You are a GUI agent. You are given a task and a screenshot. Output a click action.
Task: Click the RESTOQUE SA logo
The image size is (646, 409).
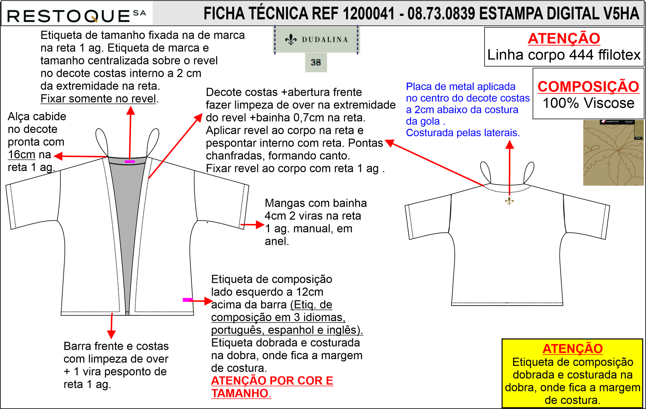76,16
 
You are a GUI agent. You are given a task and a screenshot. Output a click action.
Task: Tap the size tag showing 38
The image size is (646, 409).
316,62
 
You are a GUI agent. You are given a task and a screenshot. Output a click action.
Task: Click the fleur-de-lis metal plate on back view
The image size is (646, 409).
509,201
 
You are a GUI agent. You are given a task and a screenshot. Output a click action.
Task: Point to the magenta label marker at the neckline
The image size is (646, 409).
130,161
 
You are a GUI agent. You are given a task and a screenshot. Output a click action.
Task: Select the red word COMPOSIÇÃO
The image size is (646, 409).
588,86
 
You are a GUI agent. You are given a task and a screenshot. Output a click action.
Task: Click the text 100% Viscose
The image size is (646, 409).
588,103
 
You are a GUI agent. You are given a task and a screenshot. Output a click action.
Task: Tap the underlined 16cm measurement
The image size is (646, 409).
22,155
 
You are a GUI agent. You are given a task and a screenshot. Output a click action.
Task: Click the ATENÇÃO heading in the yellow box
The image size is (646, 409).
572,349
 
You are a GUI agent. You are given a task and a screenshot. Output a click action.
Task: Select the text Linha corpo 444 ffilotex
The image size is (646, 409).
564,55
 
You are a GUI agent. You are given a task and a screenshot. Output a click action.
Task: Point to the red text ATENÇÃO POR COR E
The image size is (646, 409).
272,380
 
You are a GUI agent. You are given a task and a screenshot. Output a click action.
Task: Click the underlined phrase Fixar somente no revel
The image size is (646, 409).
98,99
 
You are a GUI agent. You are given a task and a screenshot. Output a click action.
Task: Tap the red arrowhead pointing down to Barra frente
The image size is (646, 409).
111,335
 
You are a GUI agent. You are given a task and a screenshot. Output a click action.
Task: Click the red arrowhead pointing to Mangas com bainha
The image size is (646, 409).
260,225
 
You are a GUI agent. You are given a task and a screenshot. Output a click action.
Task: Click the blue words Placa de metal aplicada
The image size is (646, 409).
460,87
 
